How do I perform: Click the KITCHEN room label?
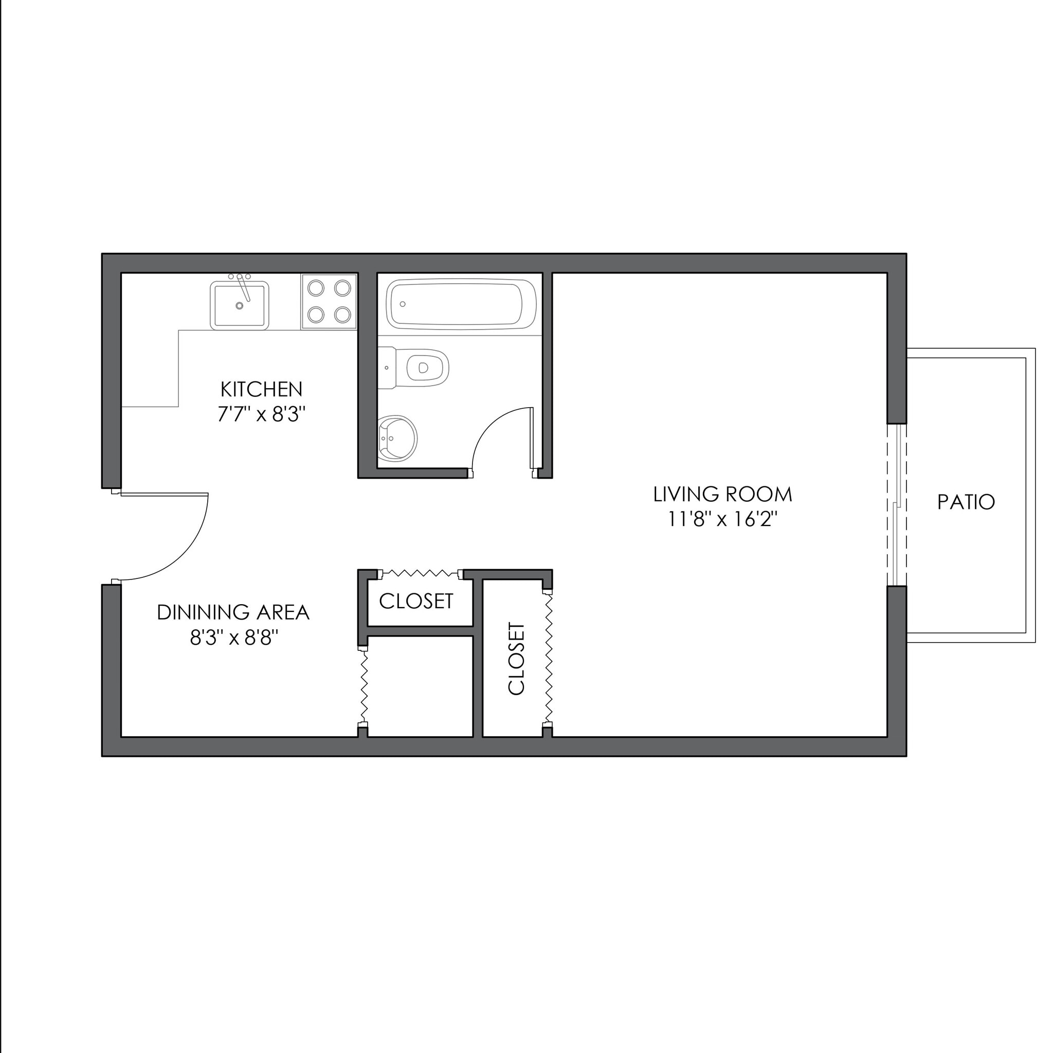click(x=261, y=389)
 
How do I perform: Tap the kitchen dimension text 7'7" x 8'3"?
click(x=261, y=415)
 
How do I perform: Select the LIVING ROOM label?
click(x=722, y=494)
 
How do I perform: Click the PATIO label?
click(x=966, y=502)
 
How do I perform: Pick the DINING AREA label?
click(x=233, y=612)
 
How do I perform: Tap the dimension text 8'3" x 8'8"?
click(x=234, y=637)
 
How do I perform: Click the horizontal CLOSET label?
click(x=416, y=601)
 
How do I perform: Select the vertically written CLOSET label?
click(x=516, y=659)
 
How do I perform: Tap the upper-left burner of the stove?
click(x=316, y=287)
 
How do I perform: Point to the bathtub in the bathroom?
click(x=461, y=304)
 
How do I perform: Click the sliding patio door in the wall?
click(x=897, y=505)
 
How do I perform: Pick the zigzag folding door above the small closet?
click(x=420, y=573)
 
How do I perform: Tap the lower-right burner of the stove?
click(x=342, y=314)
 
